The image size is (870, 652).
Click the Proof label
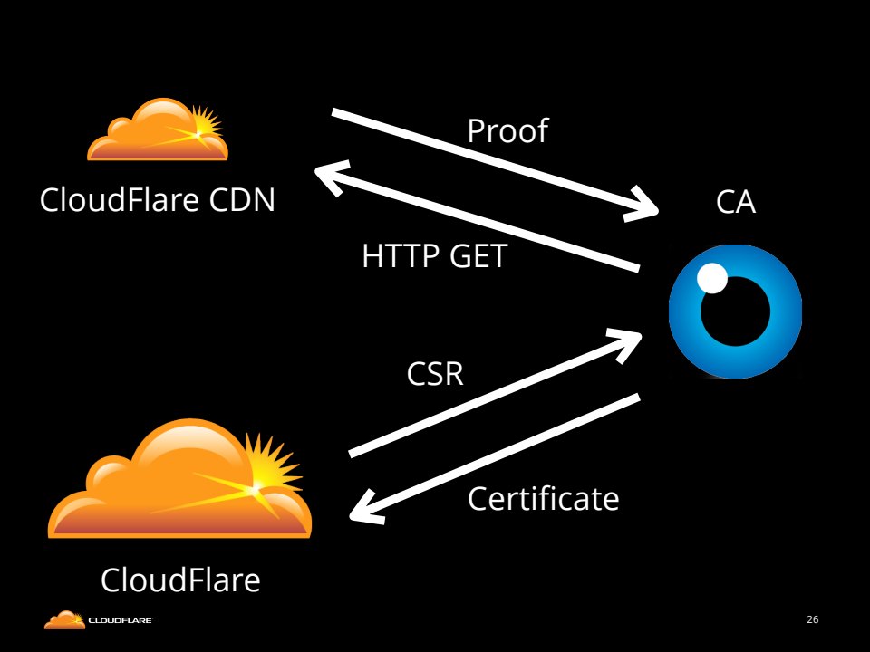[x=507, y=131]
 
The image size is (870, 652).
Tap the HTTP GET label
[x=434, y=257]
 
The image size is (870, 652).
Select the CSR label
[x=435, y=373]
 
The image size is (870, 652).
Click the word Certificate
[x=543, y=498]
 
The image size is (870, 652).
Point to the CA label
[x=735, y=203]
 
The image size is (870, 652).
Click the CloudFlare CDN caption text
[x=158, y=199]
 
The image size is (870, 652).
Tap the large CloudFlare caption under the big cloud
[x=180, y=580]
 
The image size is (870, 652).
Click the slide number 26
[x=812, y=620]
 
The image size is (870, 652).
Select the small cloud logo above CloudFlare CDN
[x=157, y=130]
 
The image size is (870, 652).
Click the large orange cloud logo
[x=179, y=480]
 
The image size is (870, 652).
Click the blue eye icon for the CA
[x=735, y=311]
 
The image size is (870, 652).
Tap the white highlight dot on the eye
[x=712, y=279]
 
